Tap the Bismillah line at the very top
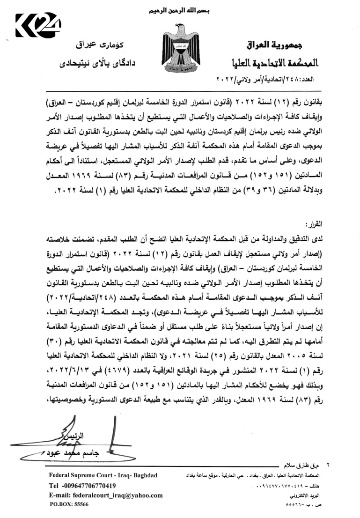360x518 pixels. tap(179, 10)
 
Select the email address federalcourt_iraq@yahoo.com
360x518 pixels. tap(106, 495)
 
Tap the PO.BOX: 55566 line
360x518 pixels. tap(70, 504)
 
